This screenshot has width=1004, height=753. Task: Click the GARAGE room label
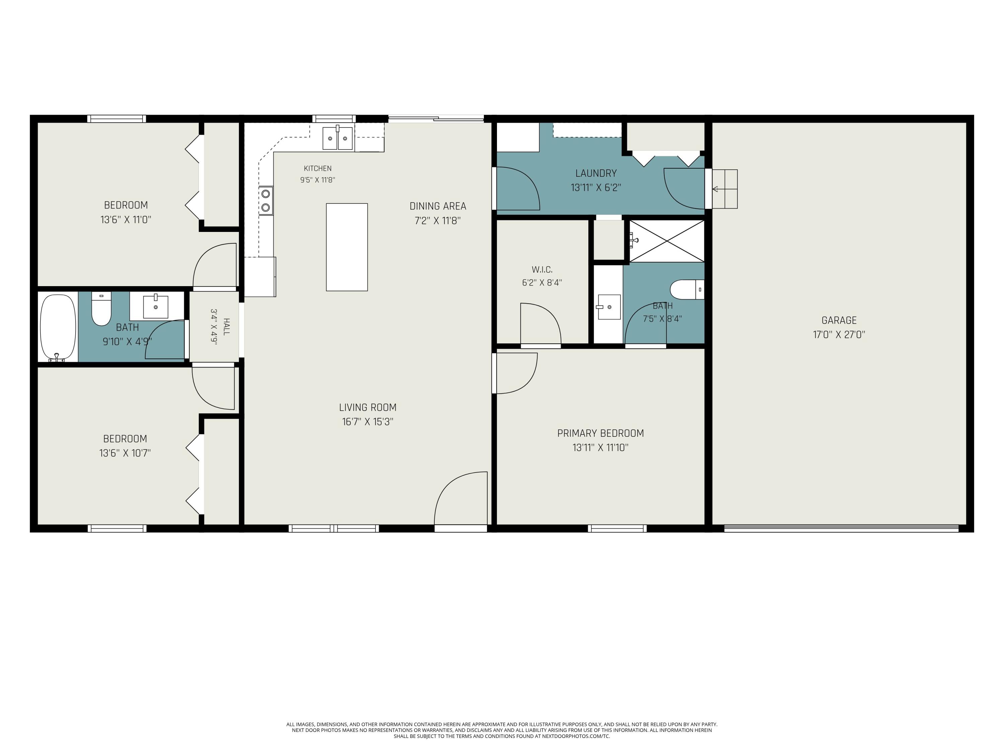pos(839,321)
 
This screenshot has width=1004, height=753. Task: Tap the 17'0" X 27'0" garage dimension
pos(839,335)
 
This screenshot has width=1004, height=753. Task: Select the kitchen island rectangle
pos(347,247)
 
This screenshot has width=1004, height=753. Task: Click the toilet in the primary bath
pos(687,289)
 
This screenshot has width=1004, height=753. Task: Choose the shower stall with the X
pos(667,241)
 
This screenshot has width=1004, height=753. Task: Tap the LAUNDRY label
pos(596,173)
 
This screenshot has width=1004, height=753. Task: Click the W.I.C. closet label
pos(542,270)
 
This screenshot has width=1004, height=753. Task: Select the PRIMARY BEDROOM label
pos(600,433)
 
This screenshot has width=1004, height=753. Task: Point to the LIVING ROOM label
pos(368,408)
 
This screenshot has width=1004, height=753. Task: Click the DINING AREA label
pos(438,206)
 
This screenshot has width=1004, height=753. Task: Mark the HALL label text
pos(227,327)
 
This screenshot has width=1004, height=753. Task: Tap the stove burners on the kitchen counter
pos(266,200)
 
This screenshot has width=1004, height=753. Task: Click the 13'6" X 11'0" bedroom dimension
pos(126,220)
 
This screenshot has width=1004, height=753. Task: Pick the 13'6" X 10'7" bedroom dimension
pos(125,453)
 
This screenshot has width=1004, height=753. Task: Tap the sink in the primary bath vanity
pos(609,307)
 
